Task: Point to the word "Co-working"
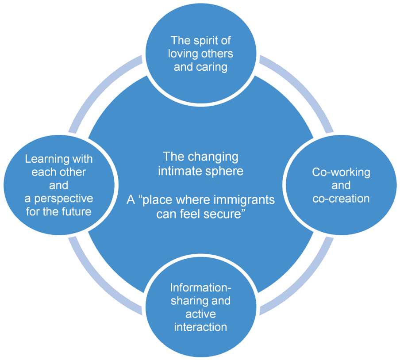(341, 172)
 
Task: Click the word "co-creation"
(341, 198)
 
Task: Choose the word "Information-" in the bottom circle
(200, 287)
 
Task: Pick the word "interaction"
(200, 327)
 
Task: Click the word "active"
(200, 314)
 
